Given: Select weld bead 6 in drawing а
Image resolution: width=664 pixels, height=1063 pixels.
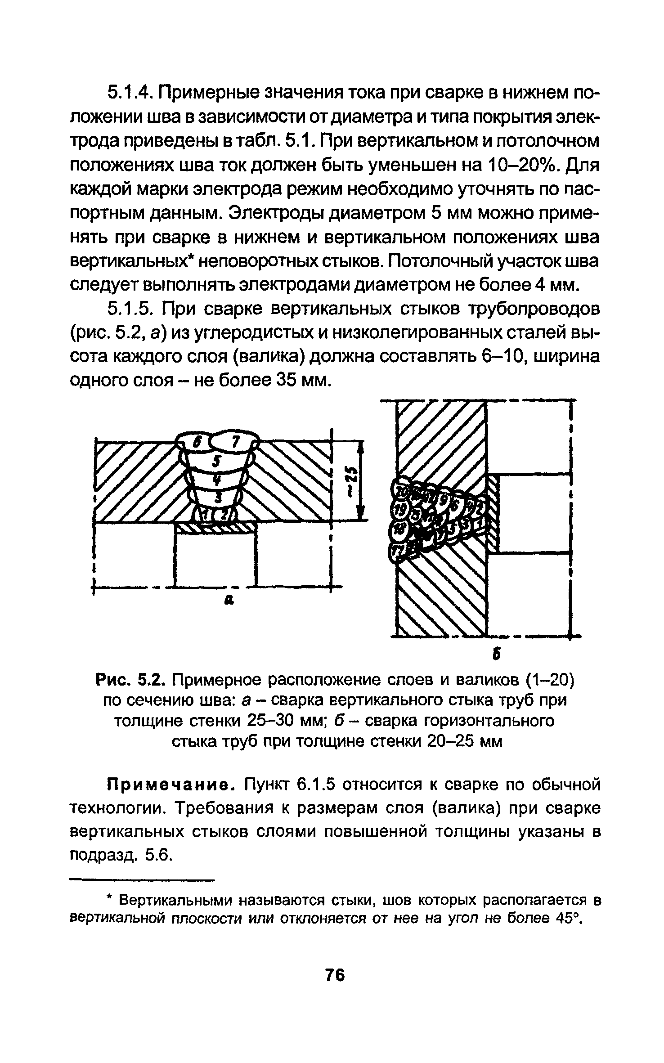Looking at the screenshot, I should click(x=196, y=442).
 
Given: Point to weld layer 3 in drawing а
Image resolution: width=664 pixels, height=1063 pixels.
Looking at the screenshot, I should click(x=218, y=497).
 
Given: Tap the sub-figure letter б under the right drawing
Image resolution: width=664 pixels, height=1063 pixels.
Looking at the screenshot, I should click(x=497, y=655).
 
